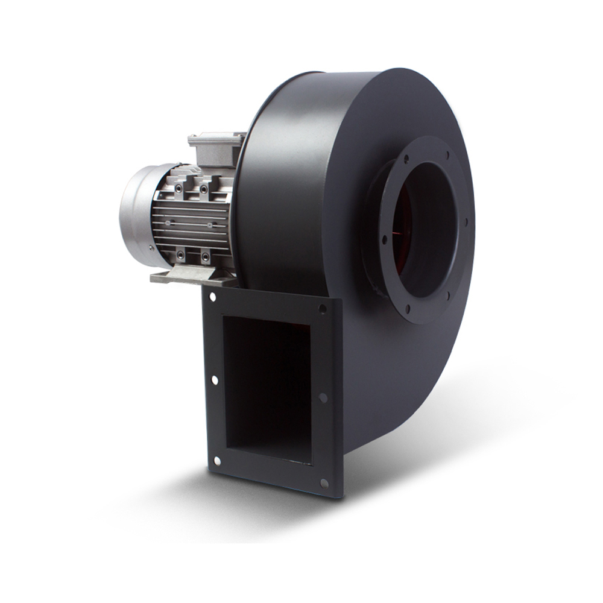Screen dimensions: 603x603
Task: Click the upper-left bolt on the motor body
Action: (178, 189)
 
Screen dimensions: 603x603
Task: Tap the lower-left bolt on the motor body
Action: (180, 256)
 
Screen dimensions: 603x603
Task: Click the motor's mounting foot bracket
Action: (193, 276)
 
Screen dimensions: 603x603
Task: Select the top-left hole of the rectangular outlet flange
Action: (213, 297)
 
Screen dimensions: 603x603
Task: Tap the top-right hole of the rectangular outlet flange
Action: (322, 309)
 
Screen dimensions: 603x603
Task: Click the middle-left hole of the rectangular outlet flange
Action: (214, 380)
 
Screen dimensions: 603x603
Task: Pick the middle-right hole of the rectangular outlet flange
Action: (323, 397)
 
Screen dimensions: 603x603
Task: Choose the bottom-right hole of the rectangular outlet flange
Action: (324, 483)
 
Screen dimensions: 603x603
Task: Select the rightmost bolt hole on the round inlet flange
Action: (466, 221)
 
